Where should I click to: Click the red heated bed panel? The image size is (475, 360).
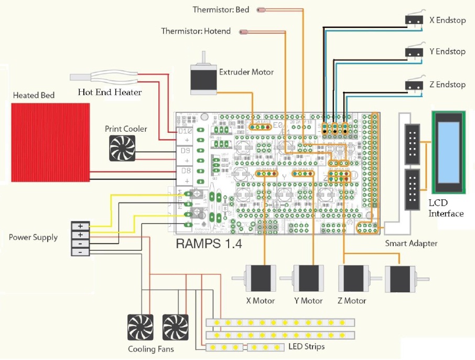[x=50, y=142]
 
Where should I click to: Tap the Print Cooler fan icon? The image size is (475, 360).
[x=122, y=148]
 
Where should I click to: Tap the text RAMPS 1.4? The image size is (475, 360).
[x=209, y=243]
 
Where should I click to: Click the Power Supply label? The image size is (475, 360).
[x=33, y=237]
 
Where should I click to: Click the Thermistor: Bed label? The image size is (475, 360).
[x=221, y=9]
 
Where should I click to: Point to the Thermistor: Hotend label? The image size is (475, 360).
[x=196, y=31]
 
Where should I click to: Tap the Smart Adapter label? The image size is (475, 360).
[x=411, y=243]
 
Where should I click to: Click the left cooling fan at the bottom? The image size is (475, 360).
[x=141, y=327]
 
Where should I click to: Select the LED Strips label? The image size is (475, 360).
[x=307, y=346]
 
